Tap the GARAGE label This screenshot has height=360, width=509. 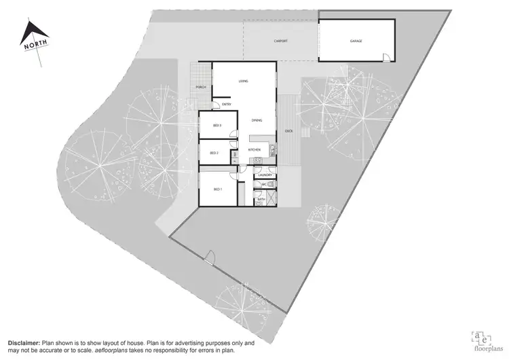pyautogui.click(x=356, y=41)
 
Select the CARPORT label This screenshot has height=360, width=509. pyautogui.click(x=280, y=41)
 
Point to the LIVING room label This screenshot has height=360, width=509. pyautogui.click(x=243, y=82)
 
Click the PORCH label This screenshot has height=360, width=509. pyautogui.click(x=201, y=88)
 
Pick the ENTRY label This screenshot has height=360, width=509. pyautogui.click(x=227, y=105)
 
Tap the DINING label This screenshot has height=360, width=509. pyautogui.click(x=257, y=120)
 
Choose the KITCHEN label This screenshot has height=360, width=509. pyautogui.click(x=254, y=149)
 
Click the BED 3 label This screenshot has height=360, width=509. pyautogui.click(x=217, y=126)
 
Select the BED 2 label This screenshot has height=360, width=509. pyautogui.click(x=214, y=153)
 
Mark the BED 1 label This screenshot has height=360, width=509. pyautogui.click(x=218, y=189)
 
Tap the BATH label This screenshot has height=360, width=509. pyautogui.click(x=261, y=199)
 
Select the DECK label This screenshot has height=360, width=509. pyautogui.click(x=288, y=131)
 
